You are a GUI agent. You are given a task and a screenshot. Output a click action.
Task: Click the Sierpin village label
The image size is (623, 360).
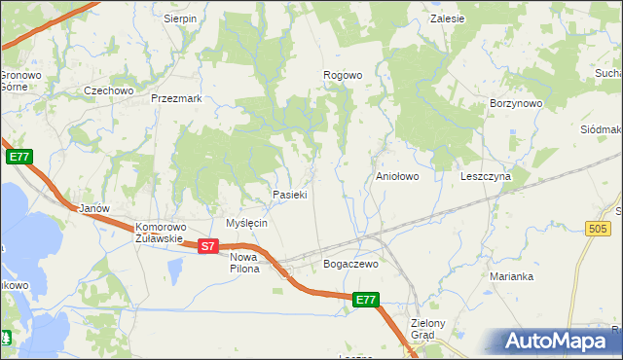pos(180,18)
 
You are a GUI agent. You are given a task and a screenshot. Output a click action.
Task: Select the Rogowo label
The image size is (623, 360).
pos(343,75)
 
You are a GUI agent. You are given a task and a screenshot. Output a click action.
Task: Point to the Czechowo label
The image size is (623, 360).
pos(108,90)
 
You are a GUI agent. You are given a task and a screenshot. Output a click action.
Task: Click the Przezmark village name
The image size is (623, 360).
pos(176,98)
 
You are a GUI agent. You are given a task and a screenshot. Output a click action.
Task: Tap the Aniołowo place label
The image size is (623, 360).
pos(397,177)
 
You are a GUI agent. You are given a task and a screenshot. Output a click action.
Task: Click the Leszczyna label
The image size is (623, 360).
pos(486,177)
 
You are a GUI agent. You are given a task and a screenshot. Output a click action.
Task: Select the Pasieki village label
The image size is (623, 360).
pos(290,195)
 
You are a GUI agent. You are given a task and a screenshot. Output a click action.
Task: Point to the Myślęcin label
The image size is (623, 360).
pos(246,223)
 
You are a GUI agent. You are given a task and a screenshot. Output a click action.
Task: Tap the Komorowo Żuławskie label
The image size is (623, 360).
pos(159,231)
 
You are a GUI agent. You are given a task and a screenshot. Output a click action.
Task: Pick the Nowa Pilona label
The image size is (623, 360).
pos(244,262)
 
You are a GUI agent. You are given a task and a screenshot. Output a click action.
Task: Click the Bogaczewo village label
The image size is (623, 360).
pos(349,264)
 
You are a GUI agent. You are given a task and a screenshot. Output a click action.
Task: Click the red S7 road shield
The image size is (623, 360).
pos(207,247)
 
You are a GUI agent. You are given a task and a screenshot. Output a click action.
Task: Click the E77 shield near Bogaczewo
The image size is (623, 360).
pos(365,301)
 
